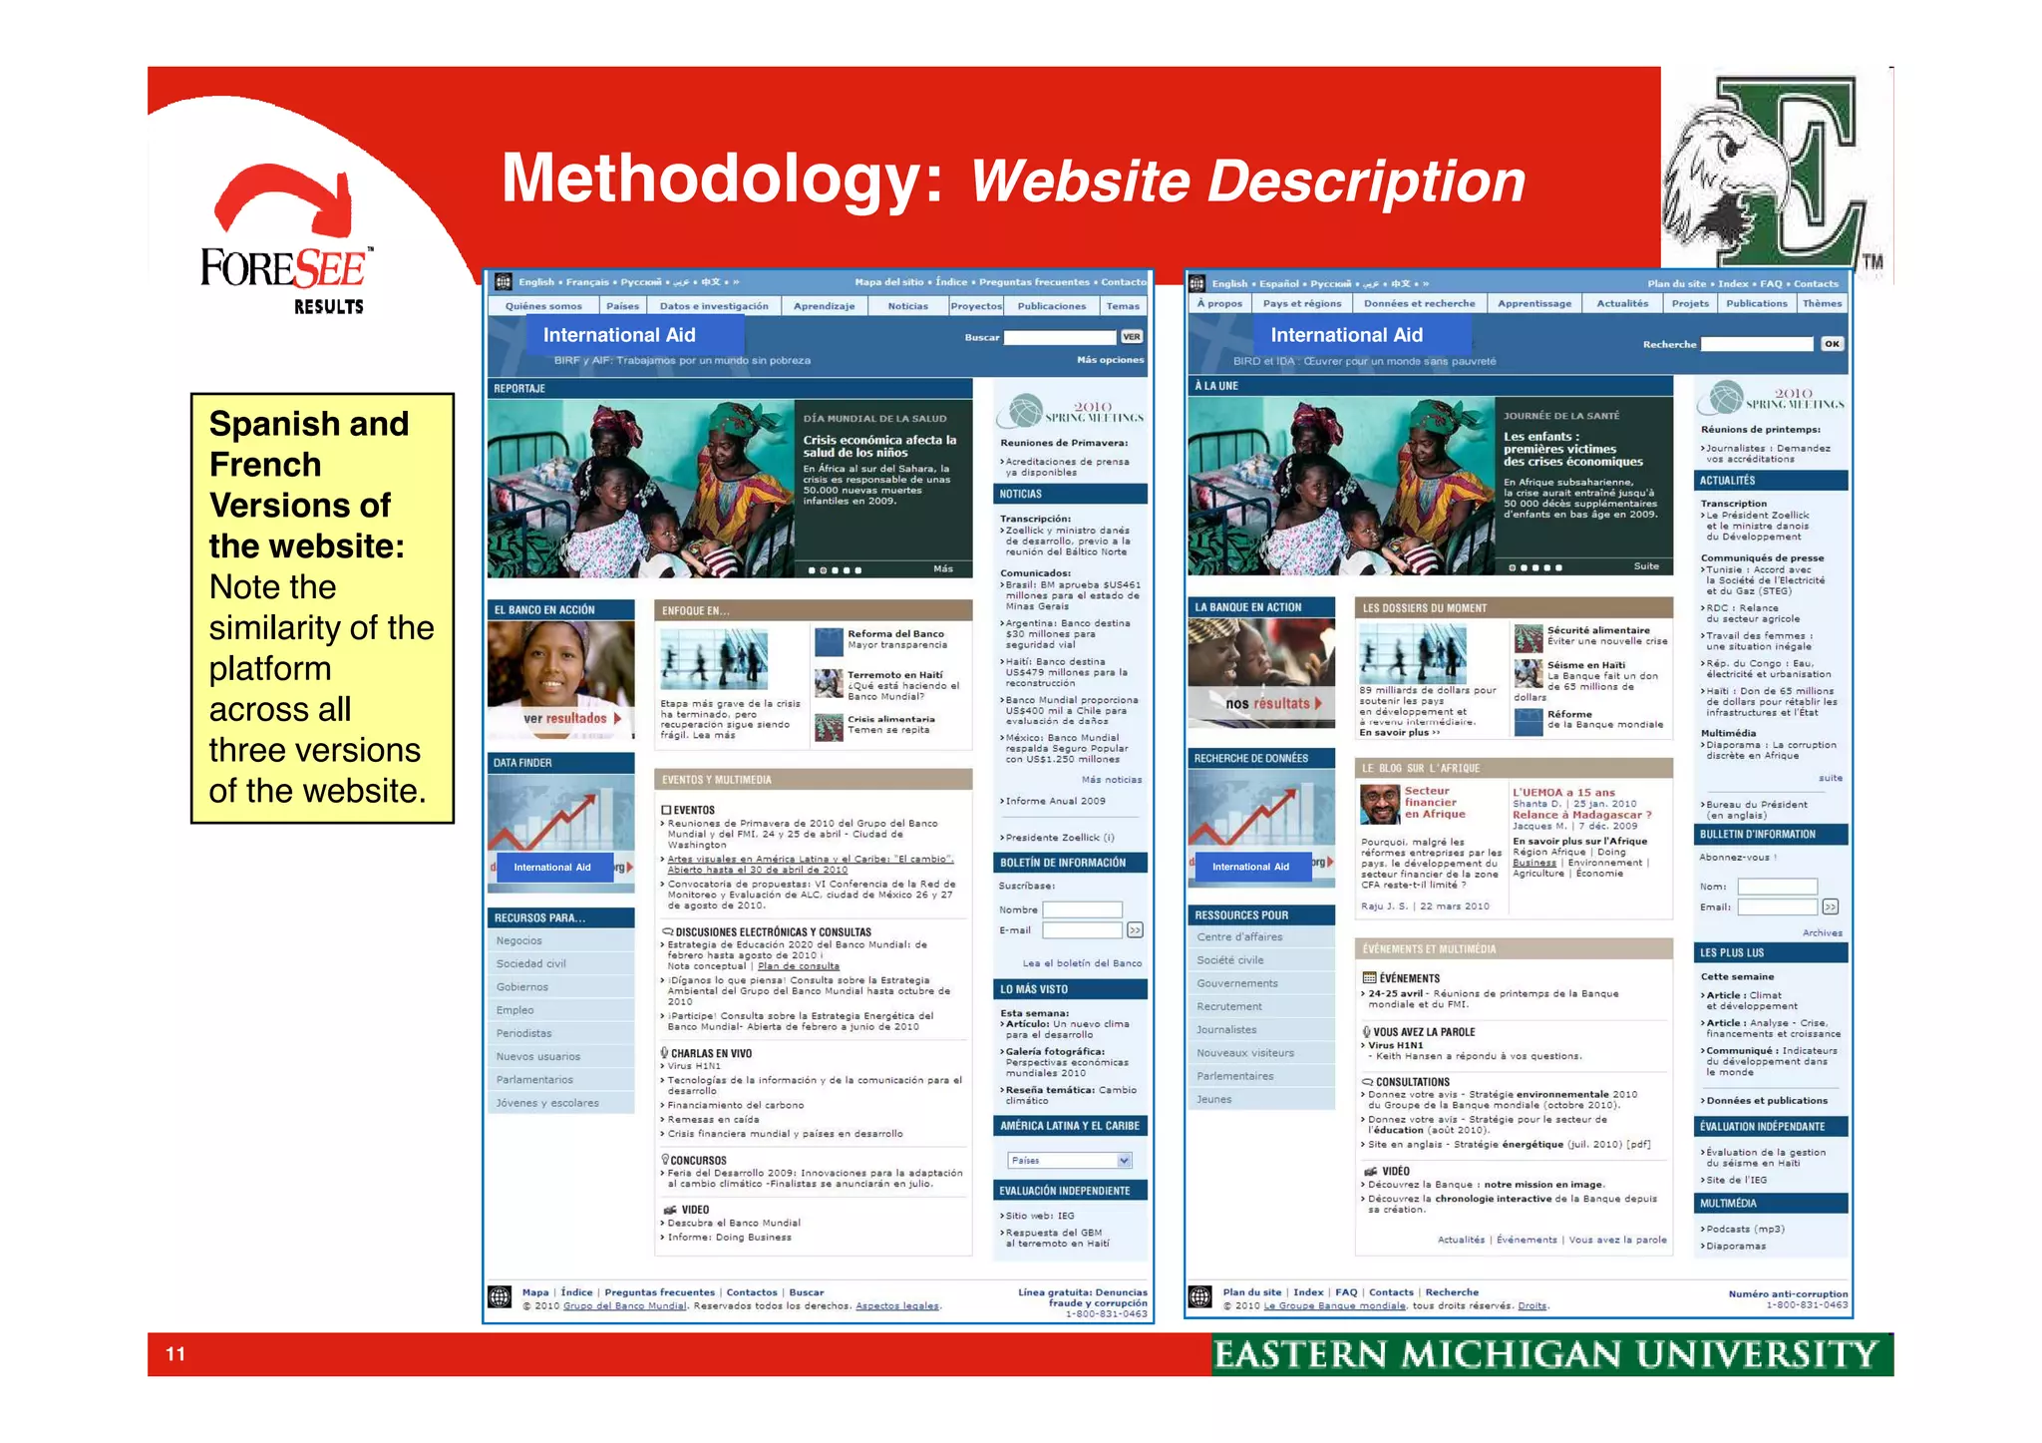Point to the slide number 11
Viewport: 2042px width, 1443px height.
click(x=175, y=1353)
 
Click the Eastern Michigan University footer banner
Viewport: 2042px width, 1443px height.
click(x=1550, y=1354)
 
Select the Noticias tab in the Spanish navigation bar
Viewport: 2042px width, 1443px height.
click(x=907, y=306)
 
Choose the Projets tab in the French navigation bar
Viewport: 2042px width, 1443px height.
click(x=1690, y=303)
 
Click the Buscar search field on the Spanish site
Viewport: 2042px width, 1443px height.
click(x=1059, y=337)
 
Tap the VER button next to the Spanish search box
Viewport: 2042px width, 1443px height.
click(x=1132, y=337)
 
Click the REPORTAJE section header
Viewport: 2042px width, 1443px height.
click(x=520, y=388)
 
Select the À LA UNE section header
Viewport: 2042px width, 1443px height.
click(x=1216, y=385)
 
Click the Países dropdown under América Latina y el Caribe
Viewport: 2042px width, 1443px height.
click(x=1070, y=1160)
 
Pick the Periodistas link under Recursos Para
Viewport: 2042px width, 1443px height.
click(x=524, y=1033)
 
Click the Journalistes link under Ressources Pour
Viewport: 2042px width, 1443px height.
click(x=1226, y=1029)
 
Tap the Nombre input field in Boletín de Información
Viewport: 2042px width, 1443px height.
click(x=1082, y=909)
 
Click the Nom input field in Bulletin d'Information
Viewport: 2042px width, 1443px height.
click(x=1777, y=887)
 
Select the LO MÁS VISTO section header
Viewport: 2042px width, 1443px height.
click(x=1034, y=989)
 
